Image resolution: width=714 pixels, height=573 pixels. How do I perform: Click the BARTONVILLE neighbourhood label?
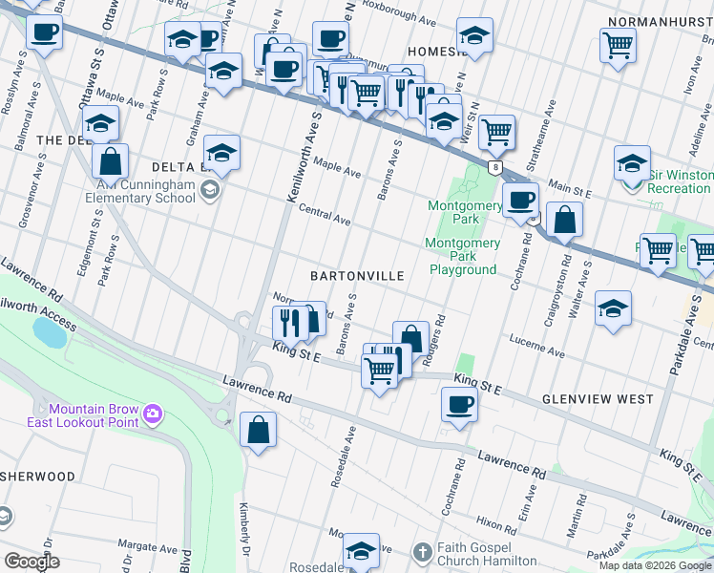pos(357,275)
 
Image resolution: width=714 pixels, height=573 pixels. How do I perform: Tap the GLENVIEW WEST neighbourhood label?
pos(598,398)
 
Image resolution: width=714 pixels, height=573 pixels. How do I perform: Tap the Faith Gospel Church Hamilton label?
pos(497,553)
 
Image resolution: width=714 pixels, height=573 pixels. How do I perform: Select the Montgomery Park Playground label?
pos(462,256)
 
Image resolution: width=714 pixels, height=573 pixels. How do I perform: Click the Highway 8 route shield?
pos(494,167)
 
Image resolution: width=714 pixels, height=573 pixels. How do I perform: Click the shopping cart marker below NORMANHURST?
pos(618,44)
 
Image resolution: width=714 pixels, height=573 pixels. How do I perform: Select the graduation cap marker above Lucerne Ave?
pos(612,308)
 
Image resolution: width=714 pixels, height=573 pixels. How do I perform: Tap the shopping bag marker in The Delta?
pos(110,160)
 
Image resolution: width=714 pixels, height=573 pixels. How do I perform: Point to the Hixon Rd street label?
pos(496,523)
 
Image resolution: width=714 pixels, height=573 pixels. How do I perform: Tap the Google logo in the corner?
pos(31,562)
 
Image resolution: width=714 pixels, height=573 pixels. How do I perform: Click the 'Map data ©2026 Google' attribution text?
pos(655,565)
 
